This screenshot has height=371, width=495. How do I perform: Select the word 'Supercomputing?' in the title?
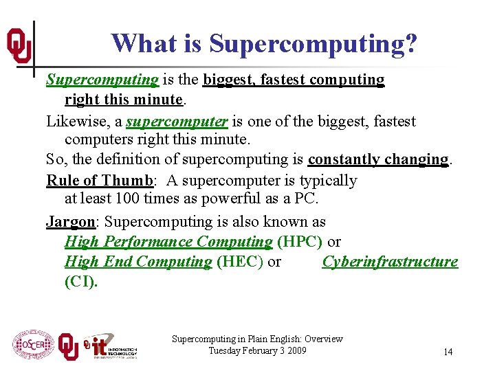tap(313, 43)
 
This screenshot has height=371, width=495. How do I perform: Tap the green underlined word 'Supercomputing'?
tap(102, 80)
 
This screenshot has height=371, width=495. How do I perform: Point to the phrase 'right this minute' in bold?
tap(124, 100)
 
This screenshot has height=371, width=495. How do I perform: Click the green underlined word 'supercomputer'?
tap(177, 122)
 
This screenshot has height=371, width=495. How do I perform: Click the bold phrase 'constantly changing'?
tap(378, 159)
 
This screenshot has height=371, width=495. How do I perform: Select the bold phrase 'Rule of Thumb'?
tap(98, 180)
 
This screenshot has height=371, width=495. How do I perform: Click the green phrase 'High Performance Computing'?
tap(168, 242)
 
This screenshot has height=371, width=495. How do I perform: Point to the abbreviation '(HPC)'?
tap(300, 242)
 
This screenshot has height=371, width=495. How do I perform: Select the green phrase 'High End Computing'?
tap(138, 262)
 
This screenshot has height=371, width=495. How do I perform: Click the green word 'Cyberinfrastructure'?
tap(390, 262)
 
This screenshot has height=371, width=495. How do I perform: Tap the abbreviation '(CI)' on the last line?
tap(81, 282)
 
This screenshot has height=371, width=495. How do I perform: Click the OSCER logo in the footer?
tap(32, 344)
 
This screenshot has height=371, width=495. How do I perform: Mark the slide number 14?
tap(448, 352)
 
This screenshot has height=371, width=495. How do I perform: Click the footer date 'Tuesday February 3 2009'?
tap(257, 351)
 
